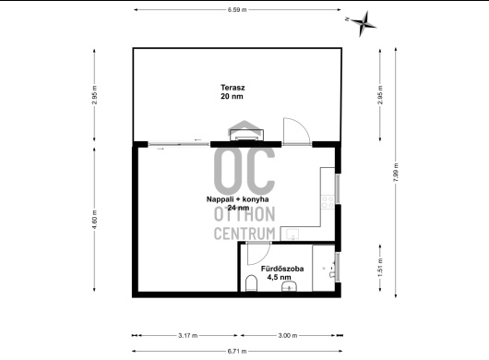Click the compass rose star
363,23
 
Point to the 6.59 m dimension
237,9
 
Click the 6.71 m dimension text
237,352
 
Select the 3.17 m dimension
187,336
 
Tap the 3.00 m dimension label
288,336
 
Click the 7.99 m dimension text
396,173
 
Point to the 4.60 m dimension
94,220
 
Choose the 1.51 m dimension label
380,268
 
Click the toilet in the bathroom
251,283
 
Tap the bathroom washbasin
290,286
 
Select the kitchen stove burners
328,202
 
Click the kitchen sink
292,234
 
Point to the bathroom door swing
258,253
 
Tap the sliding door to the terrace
179,144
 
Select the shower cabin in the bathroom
324,268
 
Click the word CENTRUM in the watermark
244,234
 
